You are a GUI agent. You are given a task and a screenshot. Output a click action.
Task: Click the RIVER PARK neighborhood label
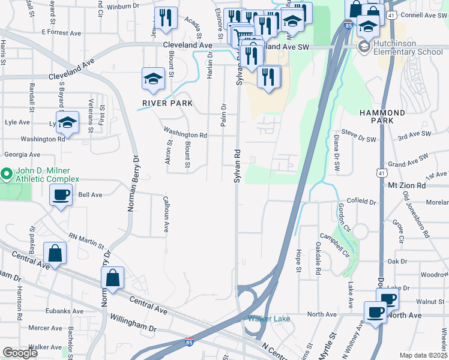click(x=167, y=103)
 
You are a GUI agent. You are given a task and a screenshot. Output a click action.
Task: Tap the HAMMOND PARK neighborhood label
click(x=382, y=116)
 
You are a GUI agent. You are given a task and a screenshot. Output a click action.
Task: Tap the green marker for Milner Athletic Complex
click(x=7, y=175)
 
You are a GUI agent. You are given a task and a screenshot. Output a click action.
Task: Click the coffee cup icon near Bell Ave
click(x=61, y=195)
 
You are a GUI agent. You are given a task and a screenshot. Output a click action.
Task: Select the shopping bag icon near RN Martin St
click(x=55, y=254)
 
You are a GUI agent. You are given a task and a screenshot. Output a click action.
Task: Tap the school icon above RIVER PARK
click(x=153, y=79)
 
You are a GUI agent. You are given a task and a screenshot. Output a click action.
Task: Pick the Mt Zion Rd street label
click(x=406, y=186)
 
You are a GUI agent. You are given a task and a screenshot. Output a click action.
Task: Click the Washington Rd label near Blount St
click(x=185, y=135)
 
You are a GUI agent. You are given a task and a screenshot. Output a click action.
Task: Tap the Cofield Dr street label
click(x=361, y=202)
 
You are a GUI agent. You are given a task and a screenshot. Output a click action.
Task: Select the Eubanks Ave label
click(x=64, y=311)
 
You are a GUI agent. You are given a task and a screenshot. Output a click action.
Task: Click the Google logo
click(x=20, y=353)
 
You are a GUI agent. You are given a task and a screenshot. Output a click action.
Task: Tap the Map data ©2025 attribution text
click(x=424, y=355)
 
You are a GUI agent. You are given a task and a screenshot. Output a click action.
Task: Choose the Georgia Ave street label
click(x=22, y=154)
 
